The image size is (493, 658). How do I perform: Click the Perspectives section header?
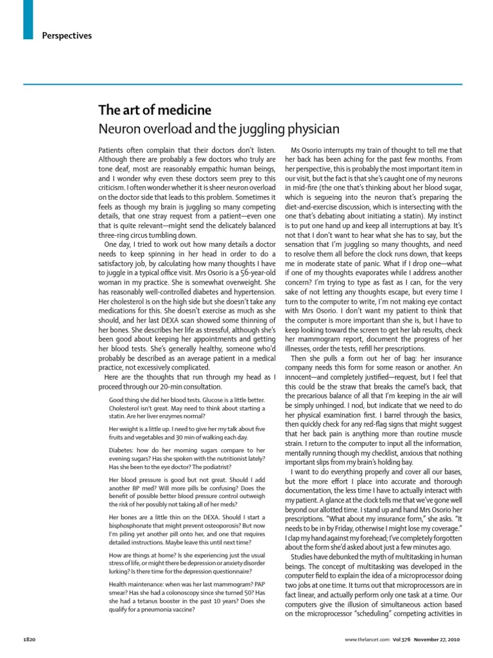pos(67,35)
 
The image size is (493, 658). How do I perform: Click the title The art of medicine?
pos(145,111)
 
